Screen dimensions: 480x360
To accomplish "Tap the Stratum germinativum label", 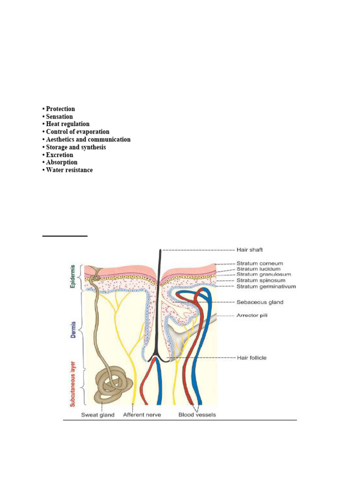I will pyautogui.click(x=260, y=285).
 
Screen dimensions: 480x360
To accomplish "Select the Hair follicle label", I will pyautogui.click(x=252, y=358).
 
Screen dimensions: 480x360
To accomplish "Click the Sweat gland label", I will pyautogui.click(x=97, y=415).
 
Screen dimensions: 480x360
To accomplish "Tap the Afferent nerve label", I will pyautogui.click(x=142, y=415).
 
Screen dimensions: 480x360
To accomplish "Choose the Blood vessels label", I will pyautogui.click(x=197, y=415).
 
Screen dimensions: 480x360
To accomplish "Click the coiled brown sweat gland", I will pyautogui.click(x=110, y=385).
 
